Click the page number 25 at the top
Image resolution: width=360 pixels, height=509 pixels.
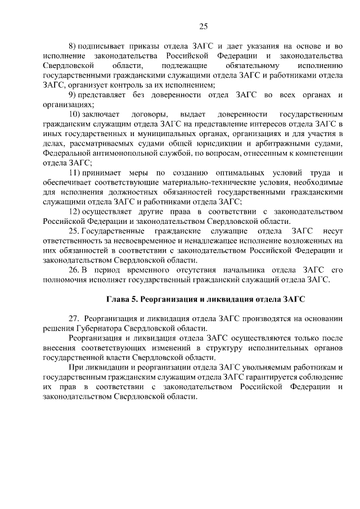point(204,25)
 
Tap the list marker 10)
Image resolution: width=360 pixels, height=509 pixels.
point(75,114)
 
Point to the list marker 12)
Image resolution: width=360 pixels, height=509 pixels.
point(75,211)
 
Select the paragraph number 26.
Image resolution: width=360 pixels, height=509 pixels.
point(74,269)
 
